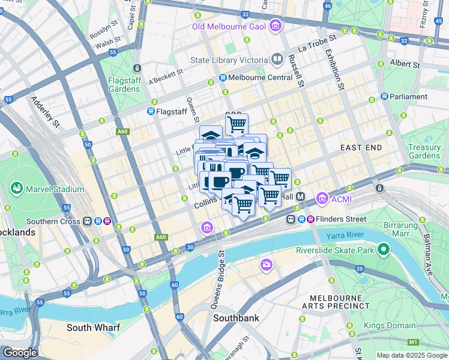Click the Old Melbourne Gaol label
click(231, 27)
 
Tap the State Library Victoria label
click(229, 60)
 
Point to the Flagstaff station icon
click(151, 112)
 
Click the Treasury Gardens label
click(424, 151)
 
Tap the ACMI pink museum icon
click(322, 197)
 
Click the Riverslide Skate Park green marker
click(384, 250)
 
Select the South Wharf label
click(93, 328)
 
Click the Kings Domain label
click(390, 326)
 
